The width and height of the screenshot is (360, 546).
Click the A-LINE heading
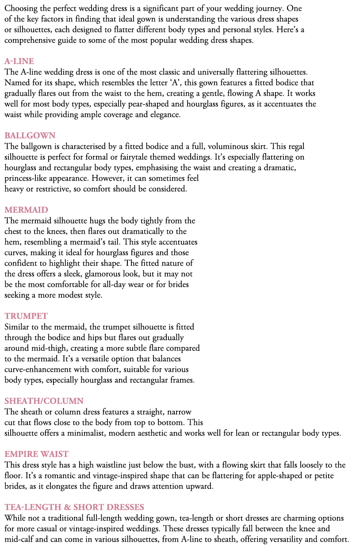[19, 61]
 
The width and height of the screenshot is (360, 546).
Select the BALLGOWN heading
[30, 135]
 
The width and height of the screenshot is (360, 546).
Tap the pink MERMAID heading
[26, 210]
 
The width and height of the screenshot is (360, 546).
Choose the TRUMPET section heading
[26, 316]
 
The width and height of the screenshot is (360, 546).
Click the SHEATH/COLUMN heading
[44, 401]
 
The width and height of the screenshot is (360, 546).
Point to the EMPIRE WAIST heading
[36, 454]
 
